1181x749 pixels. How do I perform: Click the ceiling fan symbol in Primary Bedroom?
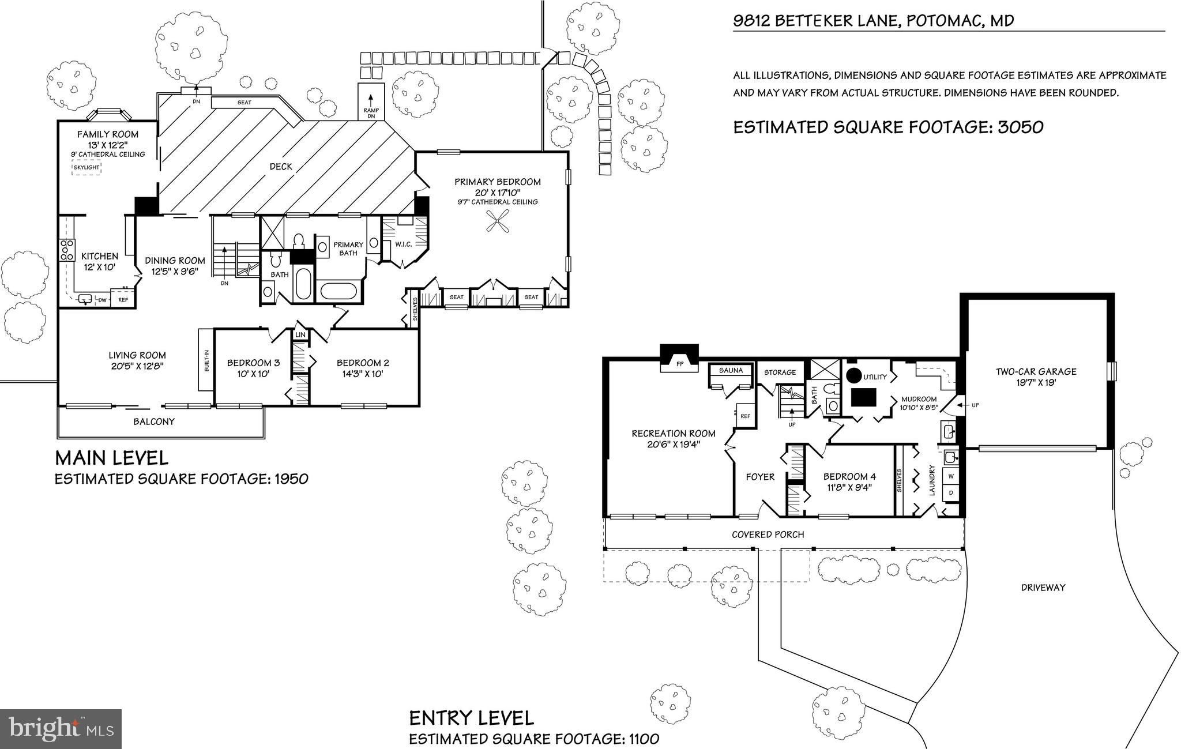coord(498,221)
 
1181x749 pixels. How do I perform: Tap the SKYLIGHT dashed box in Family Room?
coord(86,168)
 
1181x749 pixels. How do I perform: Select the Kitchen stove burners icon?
coord(67,250)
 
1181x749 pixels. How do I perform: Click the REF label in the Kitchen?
coord(123,300)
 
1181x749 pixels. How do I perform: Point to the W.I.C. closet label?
coord(403,244)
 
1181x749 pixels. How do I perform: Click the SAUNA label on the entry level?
coord(731,370)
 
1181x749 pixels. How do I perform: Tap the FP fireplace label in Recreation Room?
coord(679,364)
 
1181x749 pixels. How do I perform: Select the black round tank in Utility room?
coord(853,375)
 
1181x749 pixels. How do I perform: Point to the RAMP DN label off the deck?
coord(370,112)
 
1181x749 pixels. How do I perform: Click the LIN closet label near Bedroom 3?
coord(300,335)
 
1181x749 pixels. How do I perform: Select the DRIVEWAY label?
coord(1043,588)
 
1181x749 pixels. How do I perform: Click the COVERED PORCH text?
coord(768,535)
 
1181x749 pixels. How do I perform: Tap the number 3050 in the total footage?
coord(1020,127)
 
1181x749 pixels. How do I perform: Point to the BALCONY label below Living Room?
coord(154,421)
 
